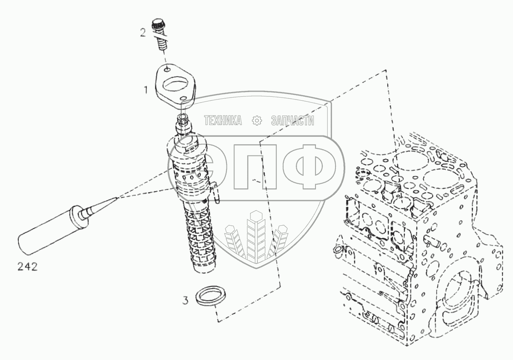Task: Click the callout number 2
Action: click(x=143, y=33)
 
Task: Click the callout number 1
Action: click(x=146, y=90)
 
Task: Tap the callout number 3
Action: click(x=185, y=301)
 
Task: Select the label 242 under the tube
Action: click(x=27, y=268)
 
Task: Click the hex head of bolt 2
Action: click(x=159, y=24)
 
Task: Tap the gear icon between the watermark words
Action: click(x=257, y=121)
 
